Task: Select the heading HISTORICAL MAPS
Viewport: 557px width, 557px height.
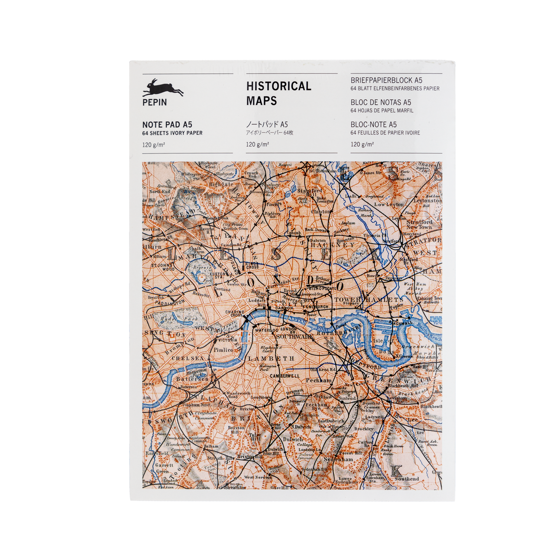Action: (x=278, y=93)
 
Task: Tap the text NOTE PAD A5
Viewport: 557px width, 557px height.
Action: (x=167, y=124)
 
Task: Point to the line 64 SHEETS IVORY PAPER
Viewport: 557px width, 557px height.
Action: (x=172, y=133)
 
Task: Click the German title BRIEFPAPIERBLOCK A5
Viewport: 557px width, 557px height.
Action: (x=386, y=80)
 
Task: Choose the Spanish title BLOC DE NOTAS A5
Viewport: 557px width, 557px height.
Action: (x=381, y=102)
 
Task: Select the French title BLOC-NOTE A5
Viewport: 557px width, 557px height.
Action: (x=374, y=124)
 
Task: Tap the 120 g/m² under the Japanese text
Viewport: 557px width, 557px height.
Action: (x=258, y=144)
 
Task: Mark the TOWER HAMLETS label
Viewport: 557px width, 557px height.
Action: (x=369, y=300)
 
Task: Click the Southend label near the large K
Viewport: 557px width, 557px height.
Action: (x=407, y=479)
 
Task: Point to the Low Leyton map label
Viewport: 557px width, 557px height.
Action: (x=389, y=204)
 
